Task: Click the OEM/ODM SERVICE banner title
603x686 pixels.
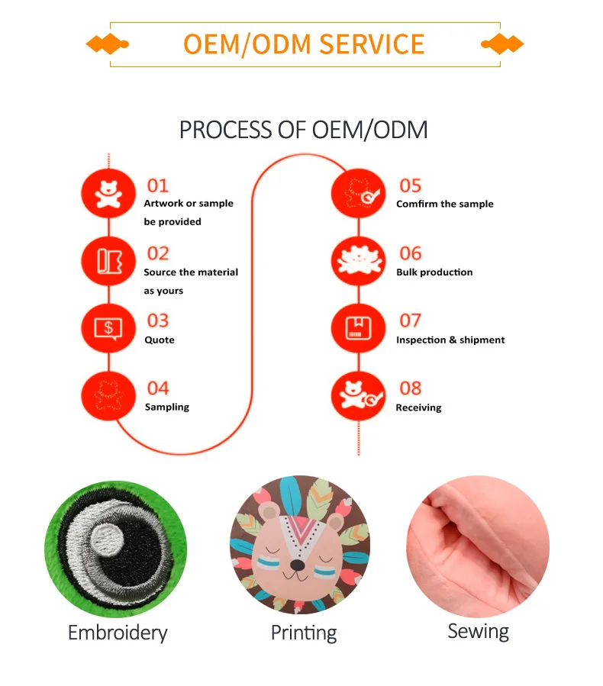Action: tap(304, 44)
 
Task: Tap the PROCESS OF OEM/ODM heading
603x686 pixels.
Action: tap(303, 130)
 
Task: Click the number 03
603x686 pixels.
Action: tap(157, 321)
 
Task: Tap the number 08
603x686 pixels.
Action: tap(410, 388)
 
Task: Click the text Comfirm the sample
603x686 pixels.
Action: tap(444, 205)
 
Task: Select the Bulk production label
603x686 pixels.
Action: tap(434, 272)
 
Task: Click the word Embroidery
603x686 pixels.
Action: tap(118, 633)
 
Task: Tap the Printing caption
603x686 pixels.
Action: tap(304, 633)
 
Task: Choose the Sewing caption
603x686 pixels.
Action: tap(478, 631)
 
